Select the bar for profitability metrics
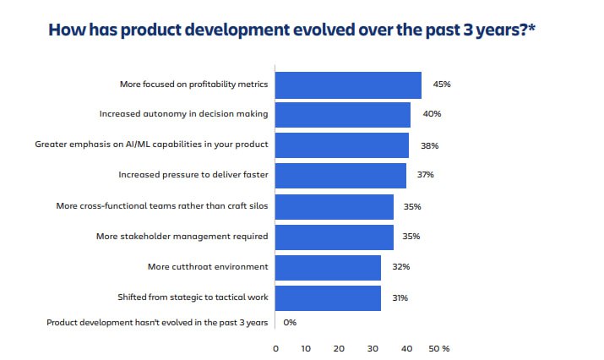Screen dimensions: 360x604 coord(348,85)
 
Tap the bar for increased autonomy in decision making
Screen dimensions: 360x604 coord(342,114)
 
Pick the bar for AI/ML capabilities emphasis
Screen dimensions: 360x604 coord(341,145)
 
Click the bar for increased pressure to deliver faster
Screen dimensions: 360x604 coord(340,175)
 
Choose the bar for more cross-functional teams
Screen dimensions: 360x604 coord(335,206)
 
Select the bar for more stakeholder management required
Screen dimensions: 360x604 coord(335,237)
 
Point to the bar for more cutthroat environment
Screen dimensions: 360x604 coord(328,267)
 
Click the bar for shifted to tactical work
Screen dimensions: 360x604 coord(328,297)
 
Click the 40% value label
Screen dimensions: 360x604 coord(432,114)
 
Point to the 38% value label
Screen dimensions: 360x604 coord(429,145)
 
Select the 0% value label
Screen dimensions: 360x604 coord(290,322)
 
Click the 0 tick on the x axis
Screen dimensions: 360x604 coord(276,348)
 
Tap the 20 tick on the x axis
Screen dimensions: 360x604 coord(339,348)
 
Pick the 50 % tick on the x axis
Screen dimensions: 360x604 coord(439,348)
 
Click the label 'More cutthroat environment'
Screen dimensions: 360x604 coord(208,267)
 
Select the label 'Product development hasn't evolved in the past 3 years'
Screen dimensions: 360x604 coord(157,322)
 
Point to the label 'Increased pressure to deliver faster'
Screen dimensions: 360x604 coord(193,175)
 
